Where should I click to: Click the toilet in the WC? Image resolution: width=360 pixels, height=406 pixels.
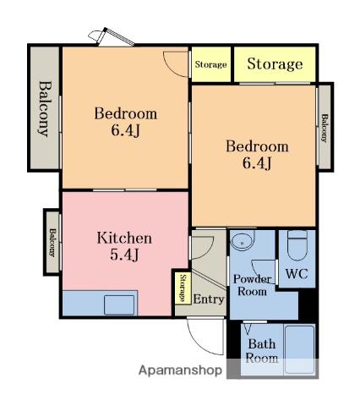pyautogui.click(x=297, y=245)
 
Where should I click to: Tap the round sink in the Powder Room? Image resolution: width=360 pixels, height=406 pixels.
pyautogui.click(x=243, y=240)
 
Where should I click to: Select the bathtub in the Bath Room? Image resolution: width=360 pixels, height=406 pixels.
pyautogui.click(x=299, y=349)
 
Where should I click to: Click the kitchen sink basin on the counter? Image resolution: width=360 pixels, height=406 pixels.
pyautogui.click(x=119, y=304)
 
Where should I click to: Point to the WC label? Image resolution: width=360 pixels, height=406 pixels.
pyautogui.click(x=297, y=273)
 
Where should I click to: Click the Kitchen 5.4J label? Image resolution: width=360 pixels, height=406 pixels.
pyautogui.click(x=124, y=246)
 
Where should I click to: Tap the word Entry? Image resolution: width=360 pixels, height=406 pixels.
pyautogui.click(x=209, y=299)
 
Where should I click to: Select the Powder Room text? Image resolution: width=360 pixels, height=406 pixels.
pyautogui.click(x=252, y=285)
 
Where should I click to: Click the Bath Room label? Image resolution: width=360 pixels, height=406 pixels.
pyautogui.click(x=262, y=351)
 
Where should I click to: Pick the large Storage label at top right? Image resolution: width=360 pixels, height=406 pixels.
pyautogui.click(x=275, y=63)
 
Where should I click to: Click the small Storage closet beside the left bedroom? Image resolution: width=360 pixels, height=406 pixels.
pyautogui.click(x=211, y=64)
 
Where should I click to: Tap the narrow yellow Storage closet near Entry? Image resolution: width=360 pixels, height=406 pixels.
pyautogui.click(x=183, y=288)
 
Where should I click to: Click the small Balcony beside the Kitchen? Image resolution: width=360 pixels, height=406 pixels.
pyautogui.click(x=52, y=242)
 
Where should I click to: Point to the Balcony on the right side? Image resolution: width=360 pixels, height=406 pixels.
pyautogui.click(x=325, y=128)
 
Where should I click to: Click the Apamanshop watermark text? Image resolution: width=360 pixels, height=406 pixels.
pyautogui.click(x=180, y=370)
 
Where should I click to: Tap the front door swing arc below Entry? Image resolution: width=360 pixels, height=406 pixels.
pyautogui.click(x=200, y=343)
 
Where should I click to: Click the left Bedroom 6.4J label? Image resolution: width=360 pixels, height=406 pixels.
pyautogui.click(x=125, y=122)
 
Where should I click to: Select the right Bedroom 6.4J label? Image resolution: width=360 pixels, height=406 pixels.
pyautogui.click(x=257, y=155)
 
